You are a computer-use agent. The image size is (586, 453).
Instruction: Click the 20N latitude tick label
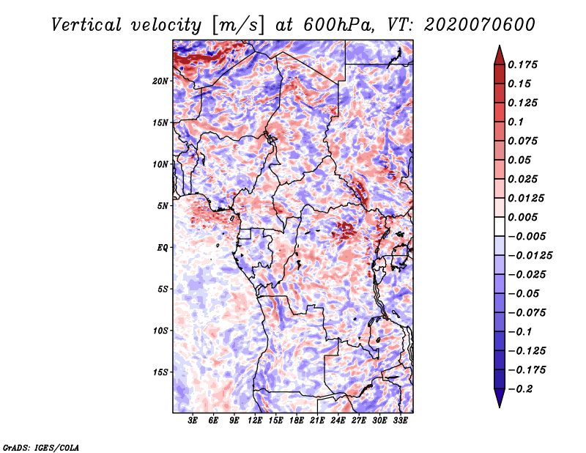(160, 81)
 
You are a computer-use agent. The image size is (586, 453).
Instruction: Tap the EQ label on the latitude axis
(163, 248)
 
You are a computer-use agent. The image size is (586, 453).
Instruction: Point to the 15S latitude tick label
(160, 372)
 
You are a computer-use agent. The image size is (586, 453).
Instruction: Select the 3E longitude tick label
(193, 421)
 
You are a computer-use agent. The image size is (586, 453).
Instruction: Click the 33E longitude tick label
(400, 421)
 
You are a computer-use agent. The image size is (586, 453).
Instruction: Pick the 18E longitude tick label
(297, 421)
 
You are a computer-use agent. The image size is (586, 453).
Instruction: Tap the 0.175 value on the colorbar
(522, 65)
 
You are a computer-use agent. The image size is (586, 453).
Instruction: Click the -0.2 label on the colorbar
(520, 389)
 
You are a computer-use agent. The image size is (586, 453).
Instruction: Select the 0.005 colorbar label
(522, 217)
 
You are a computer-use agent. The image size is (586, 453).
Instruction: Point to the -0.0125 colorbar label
(530, 256)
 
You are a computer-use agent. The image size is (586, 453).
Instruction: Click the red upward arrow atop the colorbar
(500, 55)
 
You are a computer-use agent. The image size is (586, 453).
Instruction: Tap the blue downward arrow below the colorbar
(500, 398)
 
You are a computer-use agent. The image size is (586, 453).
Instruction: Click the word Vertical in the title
(86, 25)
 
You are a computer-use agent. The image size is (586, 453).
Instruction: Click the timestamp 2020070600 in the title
(480, 25)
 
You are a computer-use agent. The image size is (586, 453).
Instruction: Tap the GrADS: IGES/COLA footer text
(41, 448)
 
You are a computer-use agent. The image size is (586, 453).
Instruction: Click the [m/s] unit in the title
(238, 25)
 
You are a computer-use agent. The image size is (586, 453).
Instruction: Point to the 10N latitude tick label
(160, 164)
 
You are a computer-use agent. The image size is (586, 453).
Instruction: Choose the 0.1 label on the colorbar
(516, 122)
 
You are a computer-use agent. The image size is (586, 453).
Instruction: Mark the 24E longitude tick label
(338, 421)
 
